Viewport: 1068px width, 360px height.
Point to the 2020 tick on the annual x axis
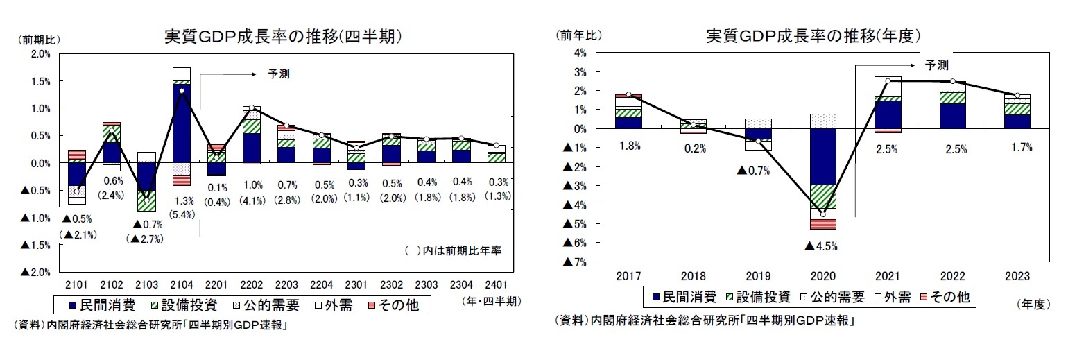coord(822,275)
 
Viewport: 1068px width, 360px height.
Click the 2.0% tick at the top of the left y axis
coord(41,54)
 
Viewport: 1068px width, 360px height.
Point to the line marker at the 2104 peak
coord(181,90)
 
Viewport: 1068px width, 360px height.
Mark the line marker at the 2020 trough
coord(822,214)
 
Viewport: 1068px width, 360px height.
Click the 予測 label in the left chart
coord(279,73)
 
